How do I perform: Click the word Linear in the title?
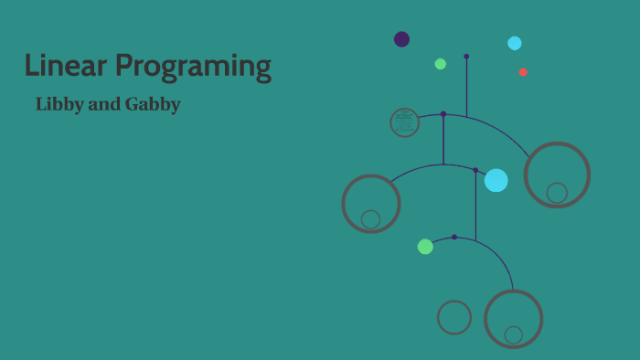65,67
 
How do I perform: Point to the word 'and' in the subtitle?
103,104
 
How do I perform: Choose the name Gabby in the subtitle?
152,105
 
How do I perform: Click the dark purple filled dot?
401,39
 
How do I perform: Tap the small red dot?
523,72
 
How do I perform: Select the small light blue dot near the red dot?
515,43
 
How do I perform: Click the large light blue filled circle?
496,180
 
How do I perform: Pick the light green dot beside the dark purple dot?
441,64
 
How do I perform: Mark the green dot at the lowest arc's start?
425,247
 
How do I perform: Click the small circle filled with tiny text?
404,122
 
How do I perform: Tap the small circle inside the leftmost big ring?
370,219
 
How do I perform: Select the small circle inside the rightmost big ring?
557,193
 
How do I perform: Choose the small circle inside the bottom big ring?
514,335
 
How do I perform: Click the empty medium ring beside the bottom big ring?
454,317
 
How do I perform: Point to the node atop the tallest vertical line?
466,56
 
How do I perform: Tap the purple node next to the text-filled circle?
443,114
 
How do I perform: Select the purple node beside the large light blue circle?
475,170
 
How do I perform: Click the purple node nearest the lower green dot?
454,237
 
